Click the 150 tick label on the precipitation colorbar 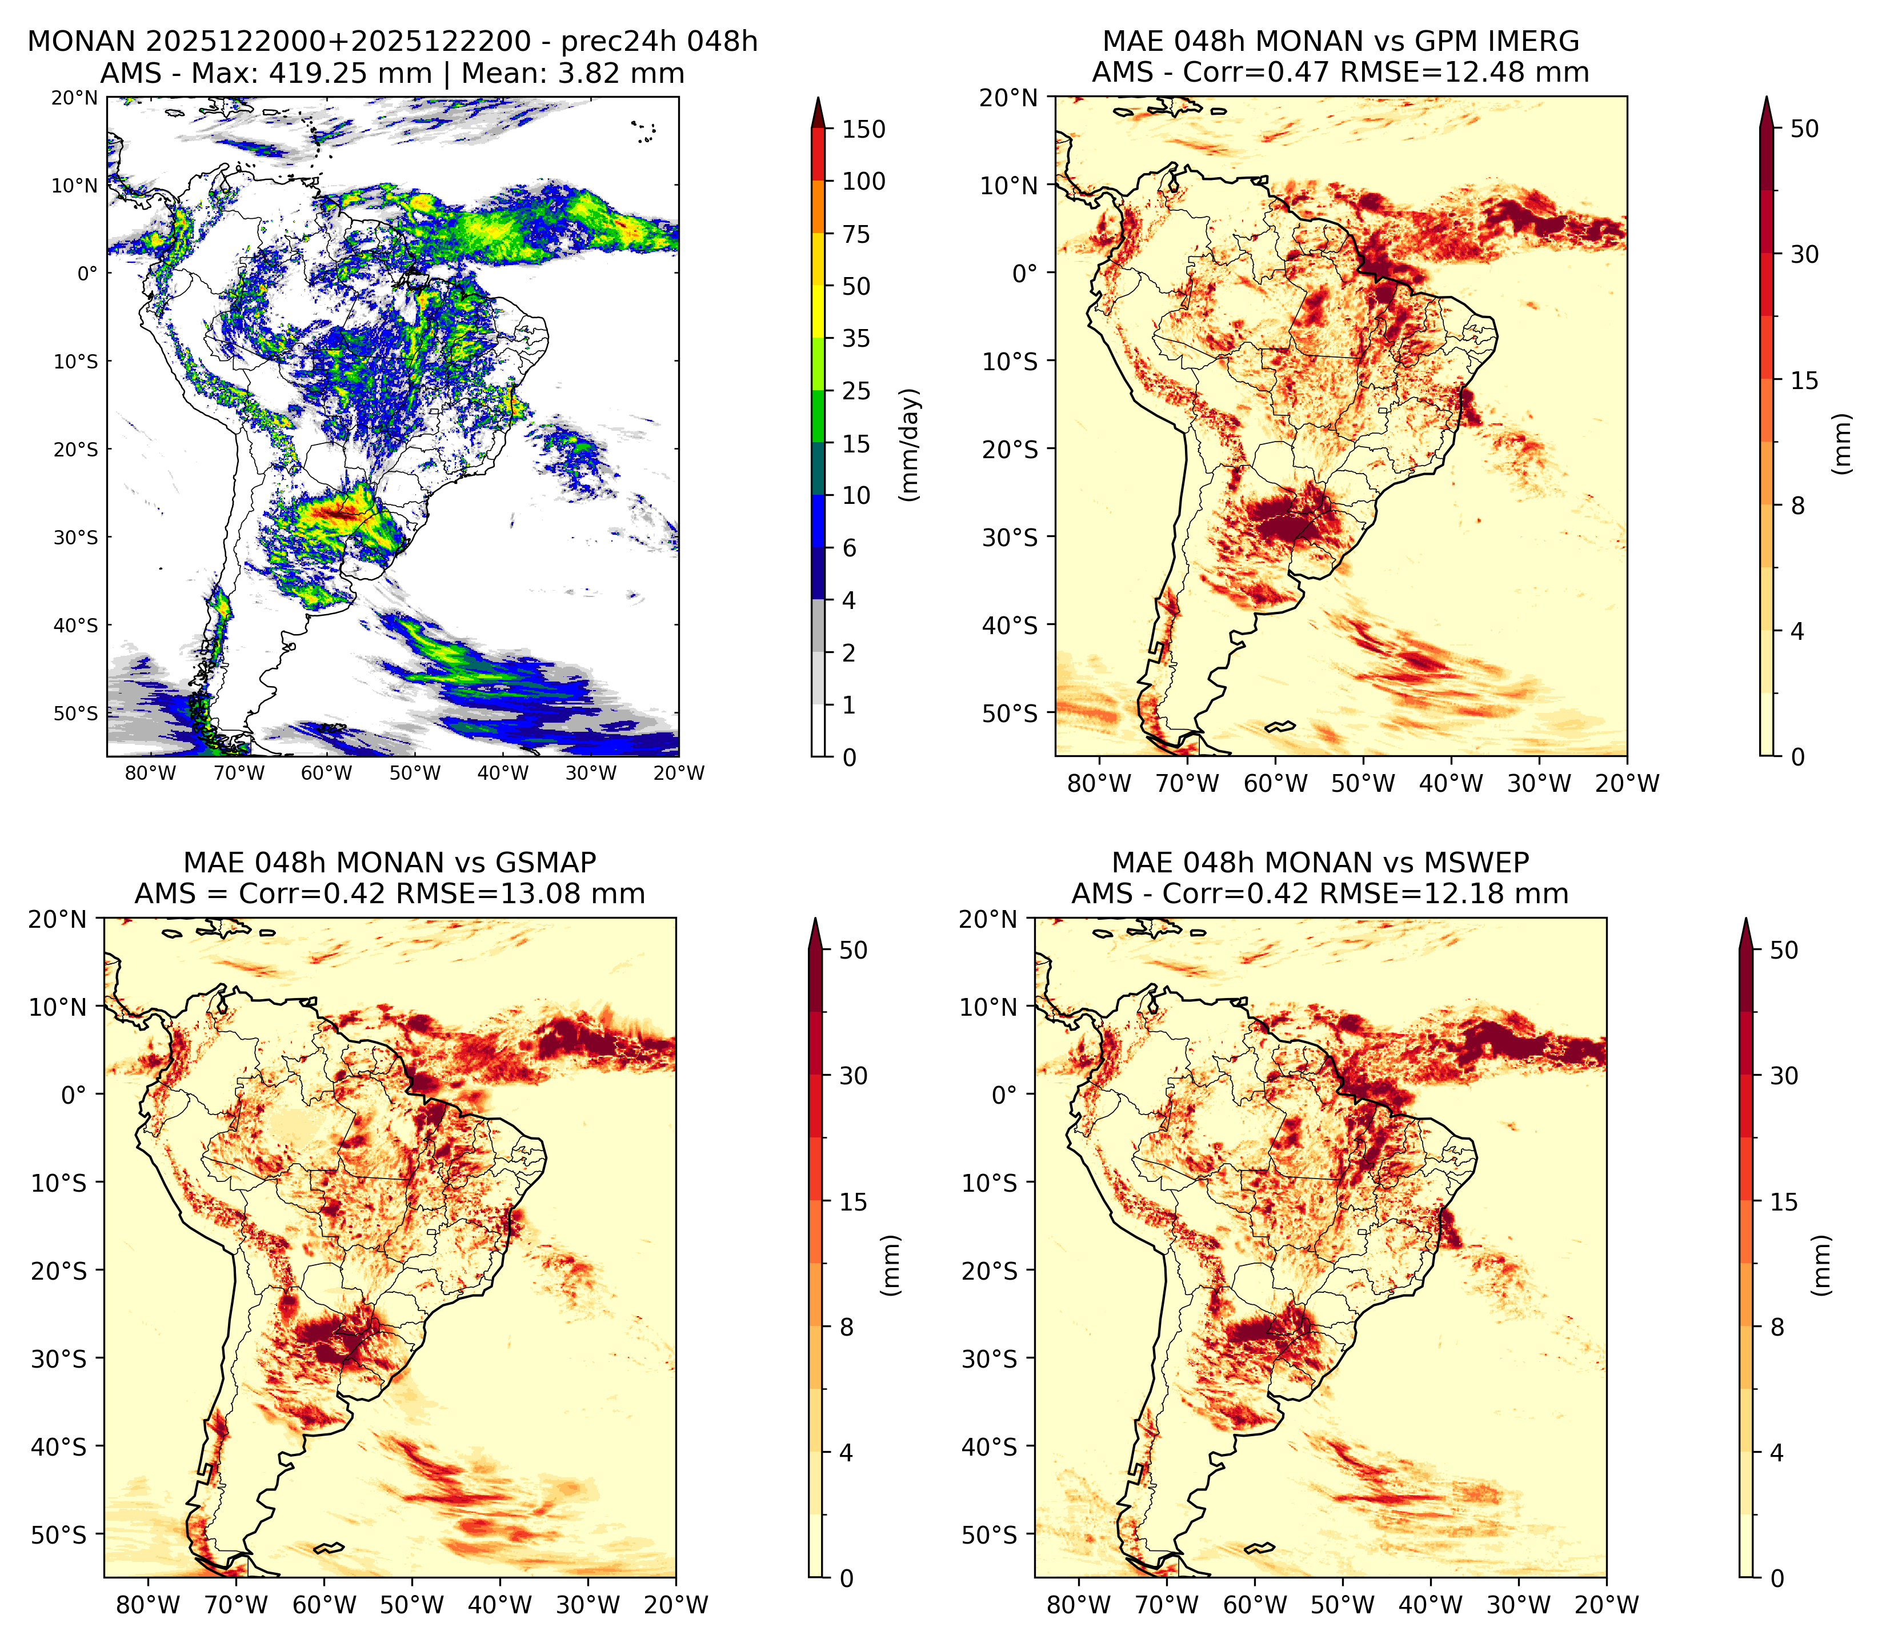click(863, 129)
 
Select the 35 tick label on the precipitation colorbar click(856, 338)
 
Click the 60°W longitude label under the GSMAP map click(323, 1605)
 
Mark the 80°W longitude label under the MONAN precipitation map click(150, 773)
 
